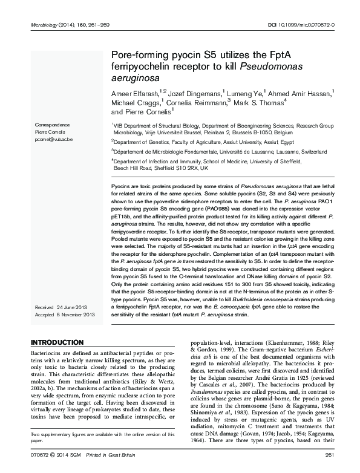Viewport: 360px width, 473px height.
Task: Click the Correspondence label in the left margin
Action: [50, 123]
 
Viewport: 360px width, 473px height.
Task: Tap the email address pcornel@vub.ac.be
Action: [53, 139]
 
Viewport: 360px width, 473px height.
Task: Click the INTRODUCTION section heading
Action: [57, 342]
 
